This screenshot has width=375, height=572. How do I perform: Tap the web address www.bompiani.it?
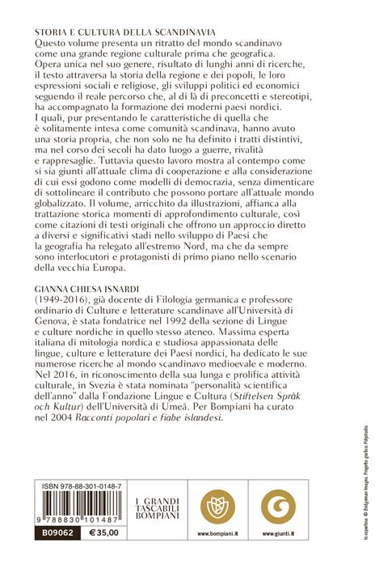(217, 557)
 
